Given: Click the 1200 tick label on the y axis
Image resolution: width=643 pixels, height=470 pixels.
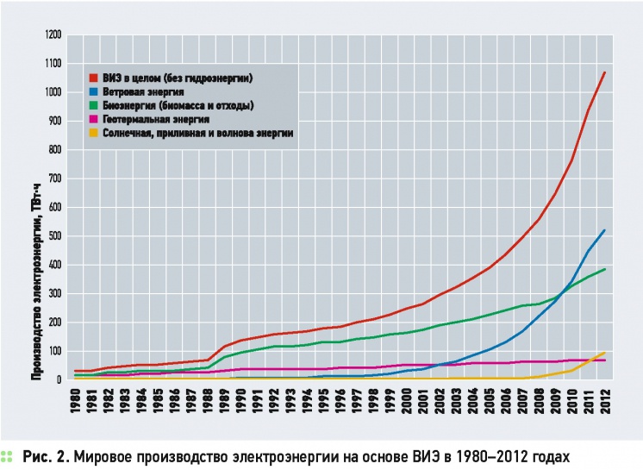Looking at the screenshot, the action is pos(53,34).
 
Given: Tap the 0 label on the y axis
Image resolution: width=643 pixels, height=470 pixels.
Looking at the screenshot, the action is pos(59,379).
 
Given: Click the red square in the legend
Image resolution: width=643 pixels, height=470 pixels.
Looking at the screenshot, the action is pos(94,78).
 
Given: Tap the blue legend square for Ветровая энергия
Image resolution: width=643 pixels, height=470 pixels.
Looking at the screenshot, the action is pos(94,92).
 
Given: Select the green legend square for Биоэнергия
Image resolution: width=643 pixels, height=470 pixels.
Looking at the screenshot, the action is pos(94,105).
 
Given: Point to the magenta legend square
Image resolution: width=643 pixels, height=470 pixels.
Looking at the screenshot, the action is pos(94,119).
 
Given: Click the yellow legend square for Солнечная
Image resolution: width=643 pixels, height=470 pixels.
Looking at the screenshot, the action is pos(94,133).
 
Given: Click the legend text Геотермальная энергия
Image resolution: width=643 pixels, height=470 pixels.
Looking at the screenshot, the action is pos(156,119).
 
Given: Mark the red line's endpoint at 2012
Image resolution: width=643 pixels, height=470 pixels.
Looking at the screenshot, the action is pos(605,72).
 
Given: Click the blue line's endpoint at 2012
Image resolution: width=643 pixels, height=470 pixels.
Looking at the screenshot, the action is pos(605,230).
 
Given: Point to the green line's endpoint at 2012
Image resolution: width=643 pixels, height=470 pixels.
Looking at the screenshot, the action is pos(605,269).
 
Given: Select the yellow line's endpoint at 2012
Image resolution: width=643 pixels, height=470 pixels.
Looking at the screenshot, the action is pos(605,353).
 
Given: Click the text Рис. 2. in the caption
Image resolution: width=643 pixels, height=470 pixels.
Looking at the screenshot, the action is pos(46,456).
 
